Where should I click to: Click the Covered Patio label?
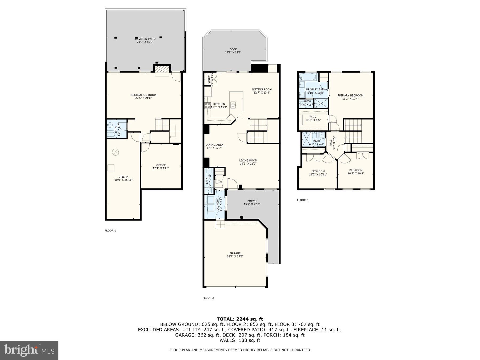click(x=145, y=39)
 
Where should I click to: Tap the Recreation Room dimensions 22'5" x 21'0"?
click(x=143, y=98)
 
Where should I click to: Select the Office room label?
click(x=161, y=165)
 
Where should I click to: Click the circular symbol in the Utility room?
click(x=115, y=152)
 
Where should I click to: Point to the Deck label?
click(x=233, y=49)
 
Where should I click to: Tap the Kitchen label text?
click(x=219, y=104)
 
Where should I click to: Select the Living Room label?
click(x=248, y=161)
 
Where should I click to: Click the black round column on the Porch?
click(x=242, y=217)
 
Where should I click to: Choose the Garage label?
click(x=235, y=253)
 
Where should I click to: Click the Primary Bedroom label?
click(x=350, y=95)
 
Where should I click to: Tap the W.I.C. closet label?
click(x=313, y=117)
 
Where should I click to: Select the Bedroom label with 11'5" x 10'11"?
click(x=318, y=171)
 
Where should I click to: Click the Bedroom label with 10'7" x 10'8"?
click(x=356, y=170)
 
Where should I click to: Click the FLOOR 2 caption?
click(x=208, y=298)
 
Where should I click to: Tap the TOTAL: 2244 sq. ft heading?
click(x=240, y=319)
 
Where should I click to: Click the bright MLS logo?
click(x=29, y=350)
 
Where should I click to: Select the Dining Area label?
click(x=214, y=145)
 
